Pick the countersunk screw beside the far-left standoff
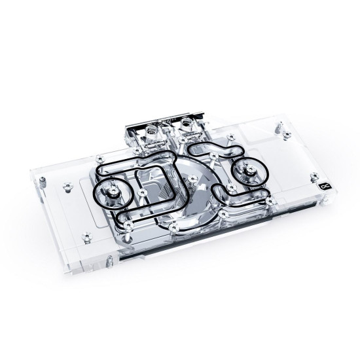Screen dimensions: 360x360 (x=66, y=187)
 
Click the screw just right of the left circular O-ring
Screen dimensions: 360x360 (x=141, y=194)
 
